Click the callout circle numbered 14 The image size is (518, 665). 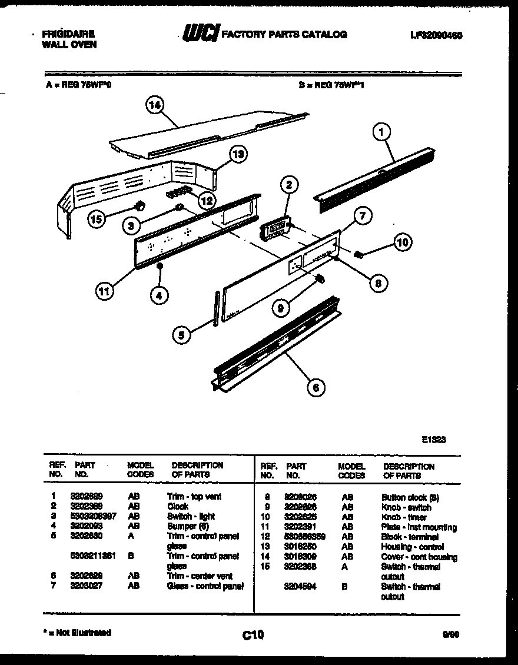coord(155,106)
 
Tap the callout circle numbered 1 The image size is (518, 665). coord(381,134)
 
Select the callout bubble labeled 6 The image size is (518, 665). coord(316,387)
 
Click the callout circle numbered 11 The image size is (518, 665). coord(104,291)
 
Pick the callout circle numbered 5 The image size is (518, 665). coord(182,335)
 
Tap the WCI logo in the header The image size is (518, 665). coord(200,34)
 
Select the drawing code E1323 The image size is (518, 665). coord(433,438)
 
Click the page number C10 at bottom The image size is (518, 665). coord(253,635)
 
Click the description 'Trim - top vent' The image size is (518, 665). coord(194,497)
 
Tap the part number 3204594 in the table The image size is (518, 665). coord(300,587)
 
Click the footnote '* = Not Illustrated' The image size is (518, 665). coord(77,633)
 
